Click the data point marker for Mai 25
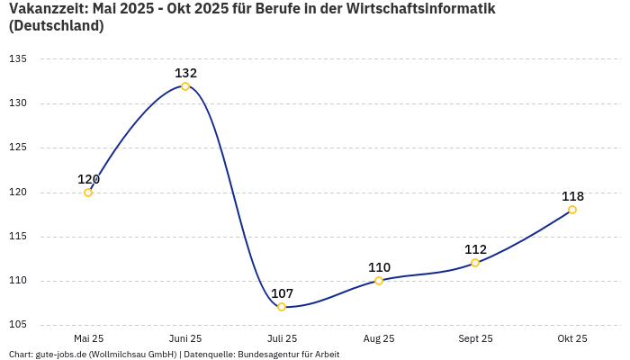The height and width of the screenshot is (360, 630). [x=88, y=193]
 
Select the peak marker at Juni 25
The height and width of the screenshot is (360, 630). [x=185, y=86]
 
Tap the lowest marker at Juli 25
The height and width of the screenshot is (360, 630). [x=282, y=307]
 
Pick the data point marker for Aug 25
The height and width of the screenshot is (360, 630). [x=379, y=281]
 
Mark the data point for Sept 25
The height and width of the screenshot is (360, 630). [x=475, y=263]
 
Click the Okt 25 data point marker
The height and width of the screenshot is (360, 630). [x=572, y=210]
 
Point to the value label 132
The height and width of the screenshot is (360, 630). [x=185, y=73]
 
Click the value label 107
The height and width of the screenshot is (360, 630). [x=282, y=293]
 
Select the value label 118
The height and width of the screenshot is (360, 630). [x=572, y=196]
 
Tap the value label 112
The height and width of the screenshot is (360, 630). [x=475, y=249]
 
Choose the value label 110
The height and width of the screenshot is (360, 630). [x=379, y=267]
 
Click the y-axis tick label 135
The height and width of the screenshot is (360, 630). [x=18, y=59]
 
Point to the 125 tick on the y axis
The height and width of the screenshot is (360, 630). [x=18, y=148]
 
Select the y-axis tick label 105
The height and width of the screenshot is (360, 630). [x=18, y=325]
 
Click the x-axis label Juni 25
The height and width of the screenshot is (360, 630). [x=185, y=338]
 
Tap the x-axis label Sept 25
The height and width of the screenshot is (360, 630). [x=475, y=338]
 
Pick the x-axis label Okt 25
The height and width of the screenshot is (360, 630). [x=572, y=338]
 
